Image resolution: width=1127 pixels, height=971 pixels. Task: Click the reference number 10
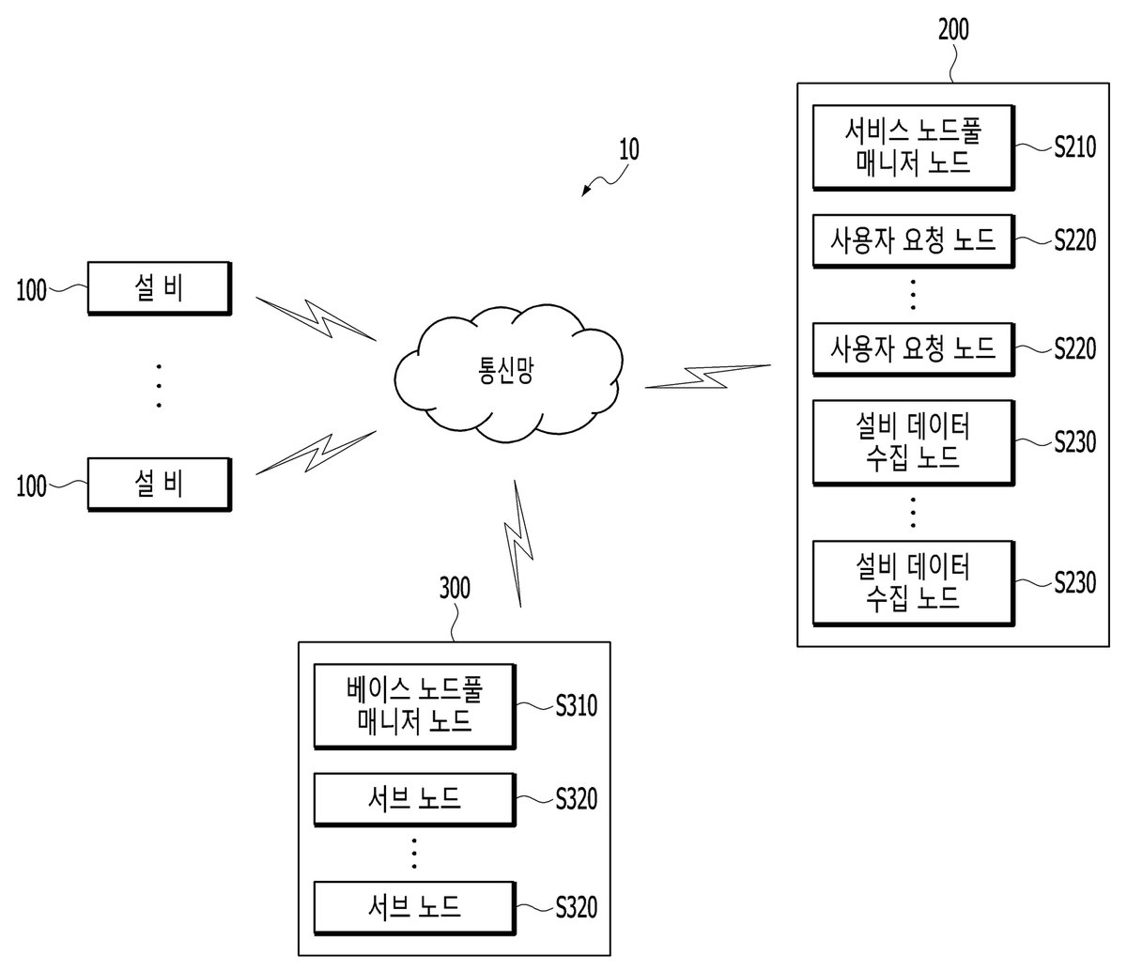pos(628,149)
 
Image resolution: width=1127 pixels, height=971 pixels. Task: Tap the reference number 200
pos(953,29)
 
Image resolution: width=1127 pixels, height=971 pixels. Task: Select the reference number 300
pos(455,588)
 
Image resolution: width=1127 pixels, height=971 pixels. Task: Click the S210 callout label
pos(1074,147)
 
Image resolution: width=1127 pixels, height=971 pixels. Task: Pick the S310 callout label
pos(577,705)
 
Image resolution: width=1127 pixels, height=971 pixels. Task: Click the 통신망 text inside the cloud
pos(505,371)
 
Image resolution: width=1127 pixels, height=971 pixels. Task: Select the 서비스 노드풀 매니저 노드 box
pos(913,147)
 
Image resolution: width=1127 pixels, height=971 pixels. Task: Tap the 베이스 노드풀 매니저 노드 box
pos(414,706)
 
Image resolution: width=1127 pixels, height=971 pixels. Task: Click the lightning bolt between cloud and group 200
pos(708,377)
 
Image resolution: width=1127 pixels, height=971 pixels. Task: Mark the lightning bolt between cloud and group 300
pos(518,544)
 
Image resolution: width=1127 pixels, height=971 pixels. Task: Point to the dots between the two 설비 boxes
pos(159,386)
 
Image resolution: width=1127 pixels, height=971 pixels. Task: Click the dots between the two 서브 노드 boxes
pos(414,854)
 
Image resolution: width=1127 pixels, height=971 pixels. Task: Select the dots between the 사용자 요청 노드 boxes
pos(913,295)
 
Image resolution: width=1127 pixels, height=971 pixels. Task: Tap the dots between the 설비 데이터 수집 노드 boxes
pos(913,513)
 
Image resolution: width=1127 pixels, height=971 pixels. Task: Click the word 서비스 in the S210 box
pos(877,131)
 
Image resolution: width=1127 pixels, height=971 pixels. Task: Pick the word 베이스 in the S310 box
pos(378,689)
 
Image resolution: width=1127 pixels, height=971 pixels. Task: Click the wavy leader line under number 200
pos(952,62)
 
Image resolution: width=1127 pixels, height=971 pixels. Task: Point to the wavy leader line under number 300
pos(455,622)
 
